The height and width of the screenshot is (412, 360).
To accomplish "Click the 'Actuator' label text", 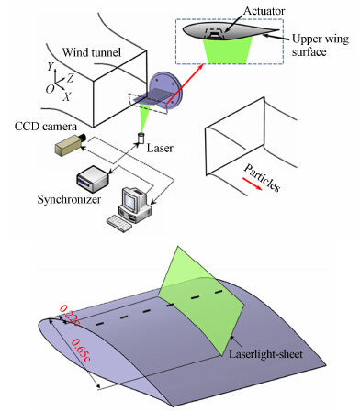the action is point(264,11).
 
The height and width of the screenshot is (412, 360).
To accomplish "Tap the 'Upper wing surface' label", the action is point(321,45).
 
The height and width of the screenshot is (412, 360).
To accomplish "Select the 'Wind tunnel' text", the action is point(92,52).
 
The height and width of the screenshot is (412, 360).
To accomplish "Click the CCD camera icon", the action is point(71,145).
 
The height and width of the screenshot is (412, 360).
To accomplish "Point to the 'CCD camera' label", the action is point(46,127).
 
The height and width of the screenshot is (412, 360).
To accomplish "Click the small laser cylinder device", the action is point(141,138).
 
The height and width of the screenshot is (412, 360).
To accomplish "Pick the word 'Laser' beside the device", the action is point(160,149).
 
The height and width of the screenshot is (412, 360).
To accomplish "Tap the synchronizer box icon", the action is point(93,179).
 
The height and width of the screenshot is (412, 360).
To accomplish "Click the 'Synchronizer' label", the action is point(69,199).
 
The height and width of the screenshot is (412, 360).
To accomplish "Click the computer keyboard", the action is point(119,224).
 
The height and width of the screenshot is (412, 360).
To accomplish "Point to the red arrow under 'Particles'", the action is point(253,184).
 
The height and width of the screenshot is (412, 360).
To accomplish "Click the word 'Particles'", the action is point(262,178).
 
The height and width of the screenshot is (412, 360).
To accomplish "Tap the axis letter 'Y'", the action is point(51,66).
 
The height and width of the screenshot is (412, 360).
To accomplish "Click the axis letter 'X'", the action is point(67,97).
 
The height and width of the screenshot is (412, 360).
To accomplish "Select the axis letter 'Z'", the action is point(71,78).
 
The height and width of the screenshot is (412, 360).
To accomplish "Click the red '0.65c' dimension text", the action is point(81,351).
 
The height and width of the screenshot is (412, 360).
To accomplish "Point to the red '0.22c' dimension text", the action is point(70,315).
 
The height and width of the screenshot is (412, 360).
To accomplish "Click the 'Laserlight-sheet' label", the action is point(265,354).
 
